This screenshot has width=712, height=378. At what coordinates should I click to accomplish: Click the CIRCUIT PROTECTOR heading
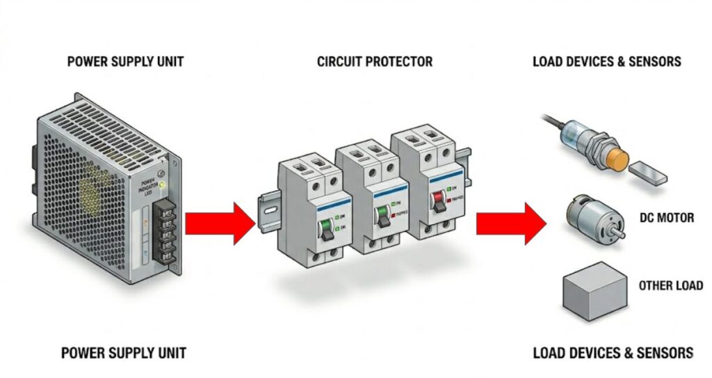coord(374,61)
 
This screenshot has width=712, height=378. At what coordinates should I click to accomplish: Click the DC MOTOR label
coord(666,218)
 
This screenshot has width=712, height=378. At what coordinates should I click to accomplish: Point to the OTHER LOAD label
coord(670,285)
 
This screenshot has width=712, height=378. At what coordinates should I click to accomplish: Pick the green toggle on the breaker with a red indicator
coord(382,215)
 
